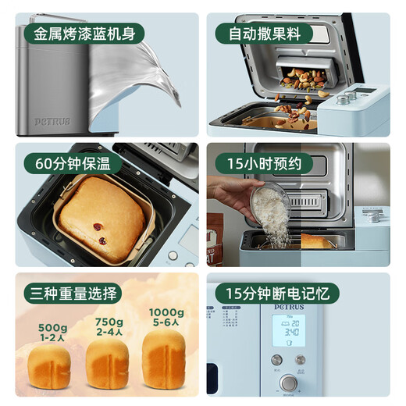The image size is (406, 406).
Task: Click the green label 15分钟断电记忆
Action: click(x=277, y=294)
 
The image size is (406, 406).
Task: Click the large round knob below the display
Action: click(x=289, y=383)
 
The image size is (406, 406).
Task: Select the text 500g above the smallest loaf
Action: click(x=51, y=328)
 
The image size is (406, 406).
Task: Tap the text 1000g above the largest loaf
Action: click(x=166, y=313)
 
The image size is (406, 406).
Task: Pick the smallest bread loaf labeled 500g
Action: click(x=49, y=369)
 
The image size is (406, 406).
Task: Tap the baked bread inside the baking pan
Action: click(x=99, y=216)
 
